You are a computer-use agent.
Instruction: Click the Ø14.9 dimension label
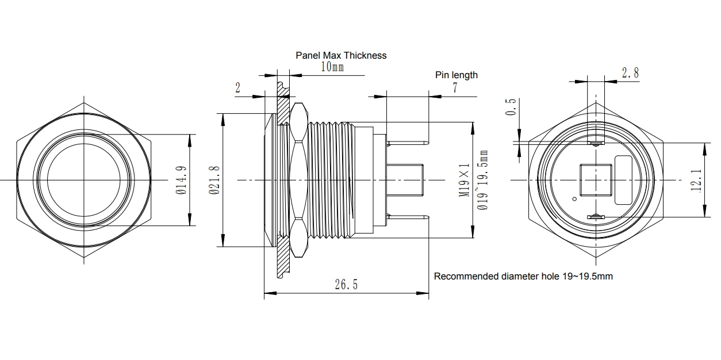click(181, 180)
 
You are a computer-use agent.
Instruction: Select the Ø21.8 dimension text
click(214, 180)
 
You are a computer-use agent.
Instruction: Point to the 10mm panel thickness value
click(332, 67)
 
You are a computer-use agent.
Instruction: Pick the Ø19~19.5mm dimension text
click(483, 180)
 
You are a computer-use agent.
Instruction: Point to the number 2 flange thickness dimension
click(237, 87)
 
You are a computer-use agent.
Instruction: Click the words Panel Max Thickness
click(341, 55)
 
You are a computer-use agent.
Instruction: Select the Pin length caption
click(456, 75)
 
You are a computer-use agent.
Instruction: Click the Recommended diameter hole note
click(523, 276)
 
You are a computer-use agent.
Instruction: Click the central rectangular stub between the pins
click(405, 179)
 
